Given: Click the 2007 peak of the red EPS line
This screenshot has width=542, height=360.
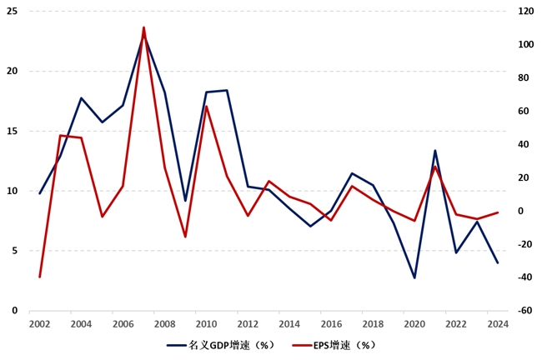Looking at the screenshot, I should point(143,27).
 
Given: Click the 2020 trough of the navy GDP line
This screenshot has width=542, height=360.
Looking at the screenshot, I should point(414,277).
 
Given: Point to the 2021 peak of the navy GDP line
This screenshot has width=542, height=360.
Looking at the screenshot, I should point(435,151).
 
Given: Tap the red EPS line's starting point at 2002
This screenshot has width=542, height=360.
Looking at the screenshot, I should point(39,277).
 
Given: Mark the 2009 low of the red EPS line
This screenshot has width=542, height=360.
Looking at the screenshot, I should point(185,237).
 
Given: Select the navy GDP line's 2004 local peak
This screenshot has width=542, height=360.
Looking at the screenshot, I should point(81,98).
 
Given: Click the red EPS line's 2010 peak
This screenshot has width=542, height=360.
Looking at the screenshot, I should point(206,106).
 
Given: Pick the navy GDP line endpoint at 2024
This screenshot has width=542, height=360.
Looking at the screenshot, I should point(498,262).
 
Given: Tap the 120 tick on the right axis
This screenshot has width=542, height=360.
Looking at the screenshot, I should point(525,11).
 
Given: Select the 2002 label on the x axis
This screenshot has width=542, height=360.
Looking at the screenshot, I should point(38,324).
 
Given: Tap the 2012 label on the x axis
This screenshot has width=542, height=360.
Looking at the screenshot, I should point(247,324).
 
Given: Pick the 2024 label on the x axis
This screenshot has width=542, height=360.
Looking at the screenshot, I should point(498,324).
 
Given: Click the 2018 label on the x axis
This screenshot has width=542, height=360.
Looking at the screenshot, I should point(373,324).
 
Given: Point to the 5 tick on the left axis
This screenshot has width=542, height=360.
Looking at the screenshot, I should point(14,251).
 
